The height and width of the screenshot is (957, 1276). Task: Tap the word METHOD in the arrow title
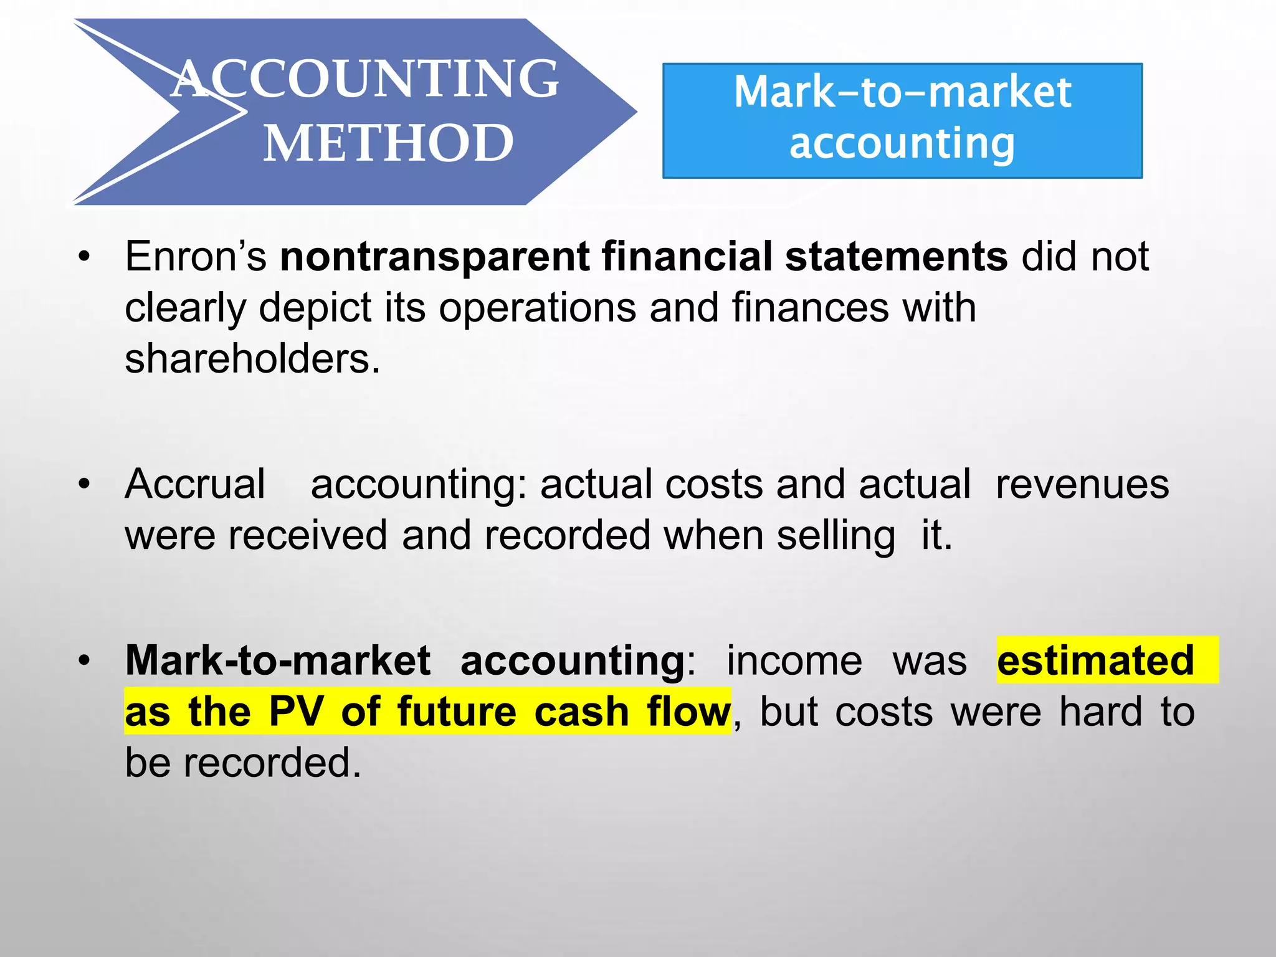click(x=388, y=143)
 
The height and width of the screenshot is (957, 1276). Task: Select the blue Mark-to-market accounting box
click(x=902, y=120)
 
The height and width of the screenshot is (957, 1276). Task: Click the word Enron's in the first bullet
click(x=196, y=256)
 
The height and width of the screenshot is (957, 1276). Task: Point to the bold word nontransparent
click(x=435, y=256)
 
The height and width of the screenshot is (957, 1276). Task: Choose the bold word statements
click(x=896, y=256)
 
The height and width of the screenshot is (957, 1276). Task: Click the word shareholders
click(x=252, y=359)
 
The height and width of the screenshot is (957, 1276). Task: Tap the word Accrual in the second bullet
click(x=195, y=484)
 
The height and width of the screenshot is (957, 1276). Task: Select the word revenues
click(x=1082, y=484)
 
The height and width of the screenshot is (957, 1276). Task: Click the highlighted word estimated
click(x=1095, y=660)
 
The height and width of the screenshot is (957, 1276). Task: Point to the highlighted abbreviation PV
click(x=296, y=712)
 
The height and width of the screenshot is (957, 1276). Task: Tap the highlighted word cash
click(x=581, y=712)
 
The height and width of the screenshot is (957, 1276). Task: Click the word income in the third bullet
click(x=794, y=660)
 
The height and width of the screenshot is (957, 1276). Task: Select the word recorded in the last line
click(x=272, y=763)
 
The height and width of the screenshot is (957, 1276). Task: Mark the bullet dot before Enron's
click(x=85, y=257)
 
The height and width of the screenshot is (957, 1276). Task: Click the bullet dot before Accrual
click(x=85, y=485)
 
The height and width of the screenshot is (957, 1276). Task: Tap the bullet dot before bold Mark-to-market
click(x=85, y=661)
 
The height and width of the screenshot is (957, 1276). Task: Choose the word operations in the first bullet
click(x=537, y=308)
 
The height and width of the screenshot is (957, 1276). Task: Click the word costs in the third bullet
click(x=883, y=712)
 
